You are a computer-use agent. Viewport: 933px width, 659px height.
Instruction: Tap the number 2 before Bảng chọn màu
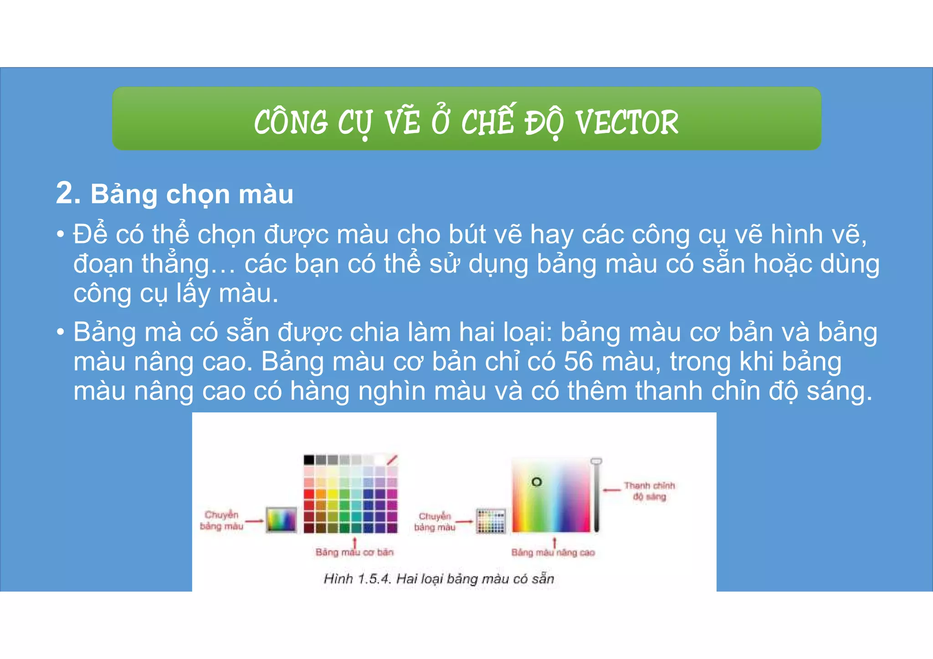(68, 193)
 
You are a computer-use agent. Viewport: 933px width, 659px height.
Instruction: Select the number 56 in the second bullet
(578, 362)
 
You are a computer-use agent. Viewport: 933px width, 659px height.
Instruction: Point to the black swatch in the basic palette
(309, 460)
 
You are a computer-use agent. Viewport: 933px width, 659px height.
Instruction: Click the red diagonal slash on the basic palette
(392, 460)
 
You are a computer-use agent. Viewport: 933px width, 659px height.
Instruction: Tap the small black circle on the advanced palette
(537, 482)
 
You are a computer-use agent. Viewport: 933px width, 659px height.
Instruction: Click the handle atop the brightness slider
(596, 461)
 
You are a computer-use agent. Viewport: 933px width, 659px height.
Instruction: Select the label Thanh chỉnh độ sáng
(649, 491)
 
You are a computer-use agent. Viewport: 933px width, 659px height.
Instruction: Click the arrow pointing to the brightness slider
(612, 490)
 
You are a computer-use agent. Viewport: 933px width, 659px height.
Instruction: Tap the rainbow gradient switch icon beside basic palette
(281, 520)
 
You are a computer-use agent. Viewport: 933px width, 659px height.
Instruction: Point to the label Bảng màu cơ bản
(354, 552)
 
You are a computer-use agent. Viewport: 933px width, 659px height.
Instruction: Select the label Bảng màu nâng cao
(553, 553)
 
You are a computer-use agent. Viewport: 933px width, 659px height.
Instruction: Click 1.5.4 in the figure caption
(374, 579)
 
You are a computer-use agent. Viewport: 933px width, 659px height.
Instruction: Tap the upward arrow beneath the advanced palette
(554, 542)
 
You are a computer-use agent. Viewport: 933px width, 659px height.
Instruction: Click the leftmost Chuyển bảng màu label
(221, 520)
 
